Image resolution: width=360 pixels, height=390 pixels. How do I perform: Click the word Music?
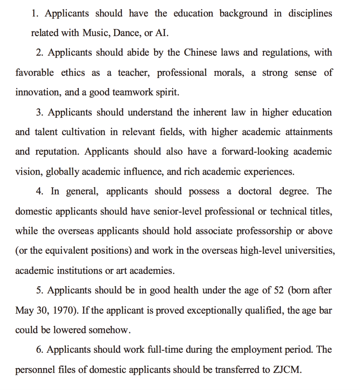tap(96, 33)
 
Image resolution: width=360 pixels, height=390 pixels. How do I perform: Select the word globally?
tap(62, 172)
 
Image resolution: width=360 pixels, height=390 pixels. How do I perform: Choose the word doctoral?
tap(255, 191)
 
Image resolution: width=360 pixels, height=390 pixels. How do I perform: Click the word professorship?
tap(264, 231)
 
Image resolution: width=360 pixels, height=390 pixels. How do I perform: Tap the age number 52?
tap(278, 290)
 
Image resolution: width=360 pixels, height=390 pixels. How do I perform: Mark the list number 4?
tap(39, 191)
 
